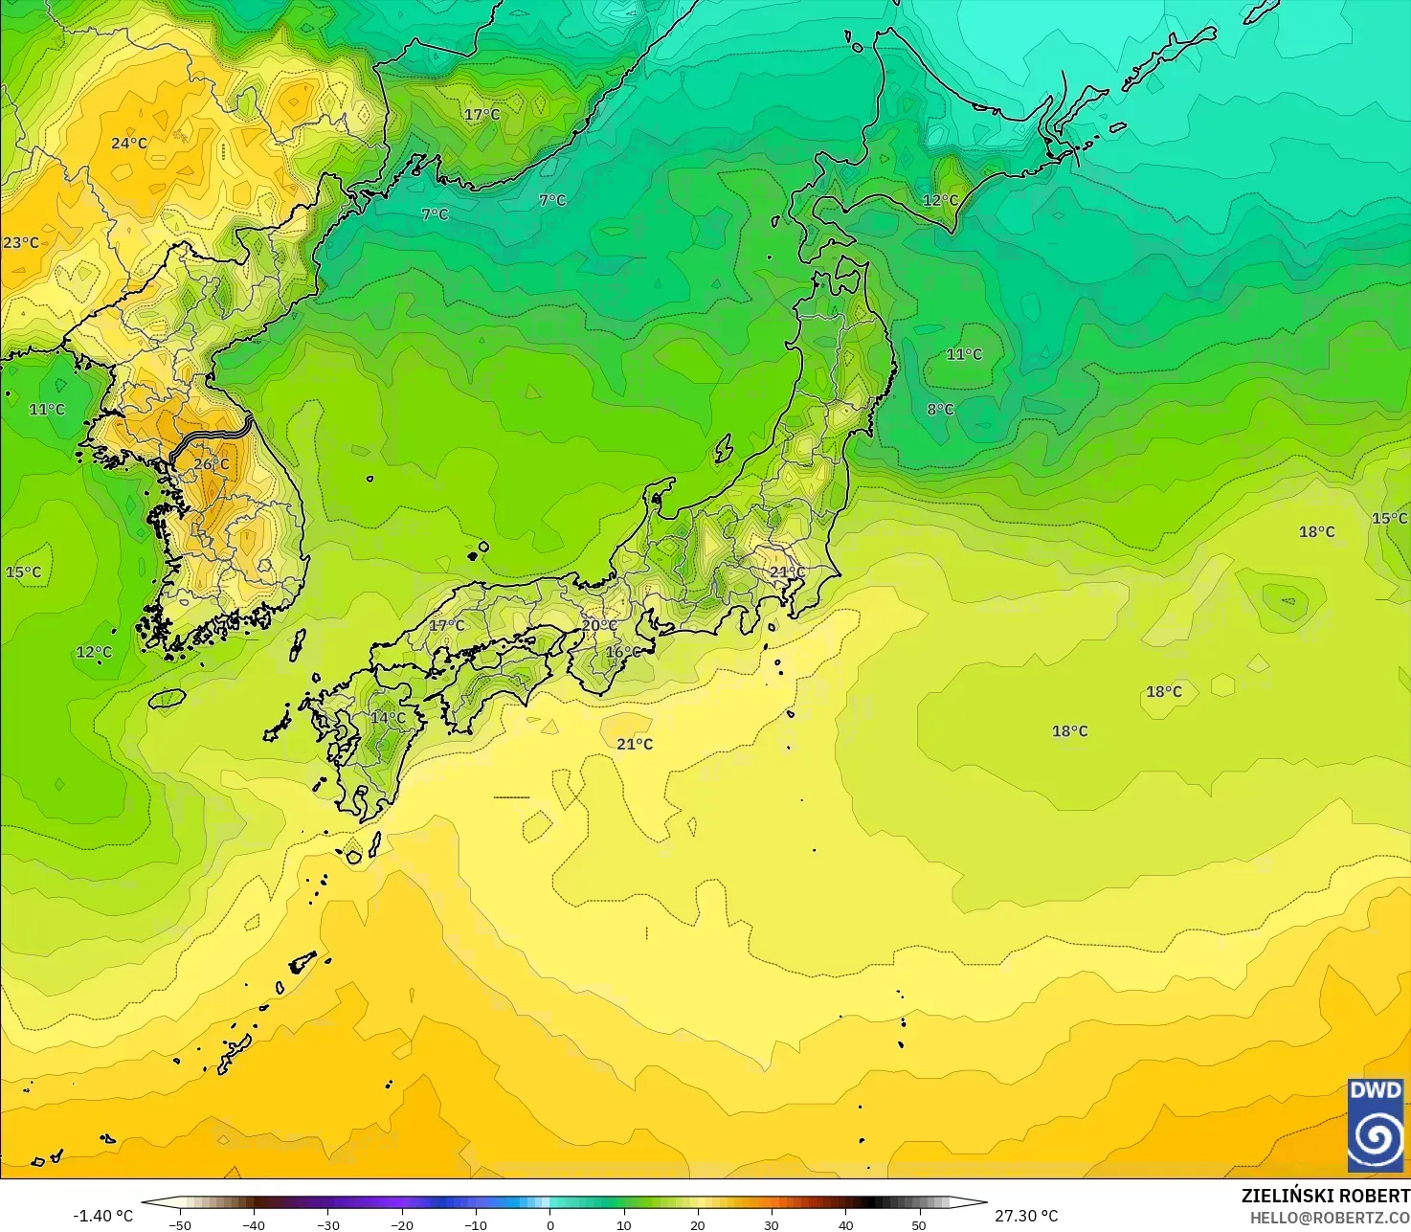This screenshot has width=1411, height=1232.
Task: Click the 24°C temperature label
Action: coord(129,144)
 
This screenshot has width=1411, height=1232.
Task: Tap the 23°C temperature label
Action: coord(21,243)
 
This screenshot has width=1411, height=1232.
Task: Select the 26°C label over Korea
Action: coord(212,464)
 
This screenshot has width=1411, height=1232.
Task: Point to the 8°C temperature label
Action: coord(940,410)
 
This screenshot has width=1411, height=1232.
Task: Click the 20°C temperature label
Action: coord(599,625)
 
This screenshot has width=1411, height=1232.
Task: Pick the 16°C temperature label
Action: coord(623,652)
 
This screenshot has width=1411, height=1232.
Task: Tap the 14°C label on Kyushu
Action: coord(388,717)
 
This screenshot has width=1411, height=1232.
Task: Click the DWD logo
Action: coord(1376,1125)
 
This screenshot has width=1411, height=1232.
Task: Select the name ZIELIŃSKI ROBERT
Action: coord(1325,1196)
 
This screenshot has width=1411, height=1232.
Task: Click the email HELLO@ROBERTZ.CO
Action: coord(1330,1217)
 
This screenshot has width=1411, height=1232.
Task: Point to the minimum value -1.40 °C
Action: coord(103,1216)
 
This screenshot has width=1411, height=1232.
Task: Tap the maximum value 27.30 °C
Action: coord(1026,1216)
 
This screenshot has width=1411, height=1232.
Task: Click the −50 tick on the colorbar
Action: coord(180,1224)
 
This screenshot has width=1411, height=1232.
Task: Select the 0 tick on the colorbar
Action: coord(549,1224)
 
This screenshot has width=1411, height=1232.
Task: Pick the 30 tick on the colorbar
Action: coord(772,1224)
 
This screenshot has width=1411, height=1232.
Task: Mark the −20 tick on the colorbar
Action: coord(402,1224)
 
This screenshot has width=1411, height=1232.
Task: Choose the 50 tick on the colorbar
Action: coord(919,1224)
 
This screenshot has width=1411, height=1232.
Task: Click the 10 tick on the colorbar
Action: coord(624,1224)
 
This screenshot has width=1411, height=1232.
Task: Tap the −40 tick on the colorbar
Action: coord(254,1224)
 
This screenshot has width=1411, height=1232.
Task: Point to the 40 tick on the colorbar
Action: coord(845,1224)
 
